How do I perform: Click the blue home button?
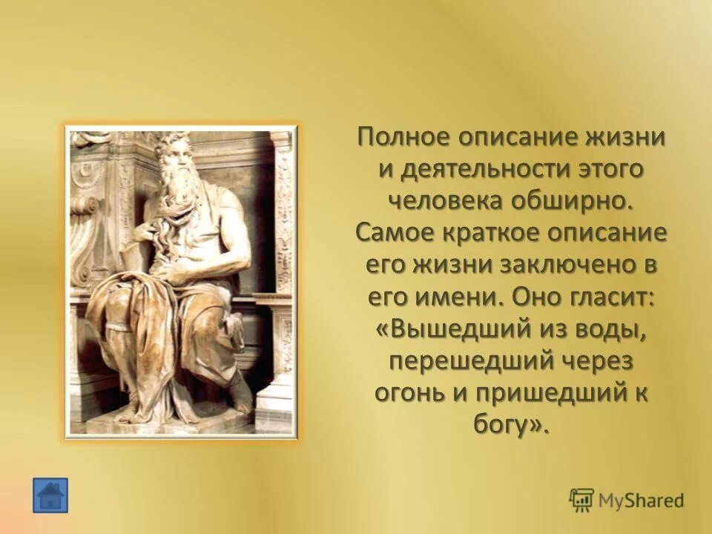(x=50, y=495)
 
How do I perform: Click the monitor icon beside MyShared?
(x=581, y=500)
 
